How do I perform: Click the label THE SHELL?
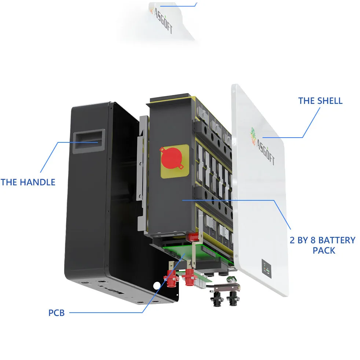coord(320,101)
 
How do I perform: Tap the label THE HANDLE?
coord(28,182)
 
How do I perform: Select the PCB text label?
coord(56,313)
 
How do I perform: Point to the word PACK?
coord(324,251)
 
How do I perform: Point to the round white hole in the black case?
coord(157,285)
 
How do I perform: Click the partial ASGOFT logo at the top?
coord(161,19)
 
